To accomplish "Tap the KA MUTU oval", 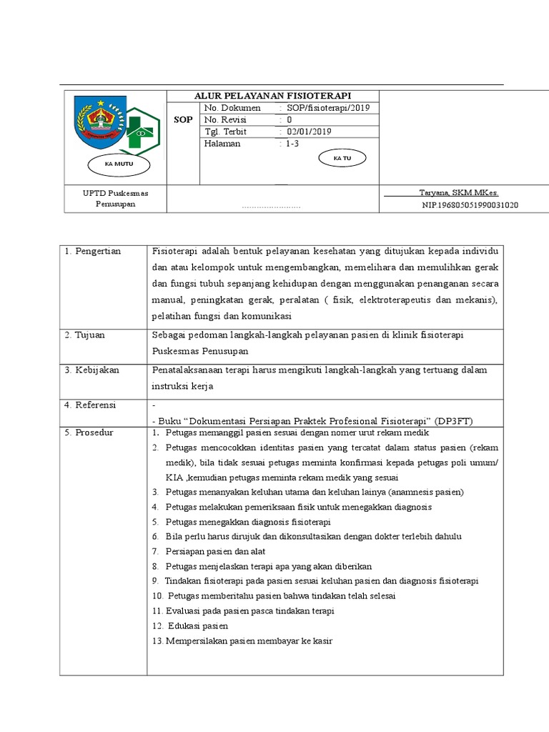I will click(119, 164).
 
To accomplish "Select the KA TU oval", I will click(342, 157).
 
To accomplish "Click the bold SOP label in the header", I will click(184, 120).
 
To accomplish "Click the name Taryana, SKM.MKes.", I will click(458, 193).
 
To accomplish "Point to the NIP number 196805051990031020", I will click(470, 205).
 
